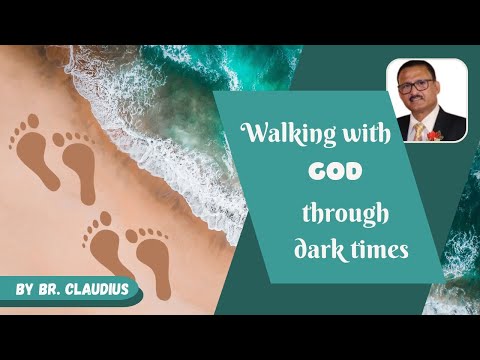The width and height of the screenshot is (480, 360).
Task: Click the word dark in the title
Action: (317, 250)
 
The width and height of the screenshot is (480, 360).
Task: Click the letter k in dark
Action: (337, 249)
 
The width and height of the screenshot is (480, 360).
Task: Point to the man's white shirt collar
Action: (413, 123)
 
